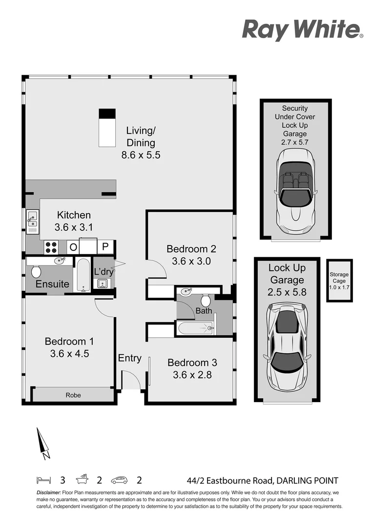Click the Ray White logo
tap(302, 29)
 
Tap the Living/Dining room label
tap(141, 137)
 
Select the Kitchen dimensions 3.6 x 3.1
tap(74, 227)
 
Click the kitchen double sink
tap(32, 221)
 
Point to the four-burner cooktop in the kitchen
tap(51, 247)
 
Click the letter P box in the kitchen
tap(105, 247)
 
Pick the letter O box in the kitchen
tap(73, 247)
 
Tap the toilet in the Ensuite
tap(36, 271)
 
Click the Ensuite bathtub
tap(81, 275)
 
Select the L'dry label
tap(104, 271)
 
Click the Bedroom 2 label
tap(191, 248)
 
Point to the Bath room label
tap(204, 310)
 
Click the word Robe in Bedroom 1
tap(73, 395)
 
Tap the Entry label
tap(129, 358)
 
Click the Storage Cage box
tap(339, 281)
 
